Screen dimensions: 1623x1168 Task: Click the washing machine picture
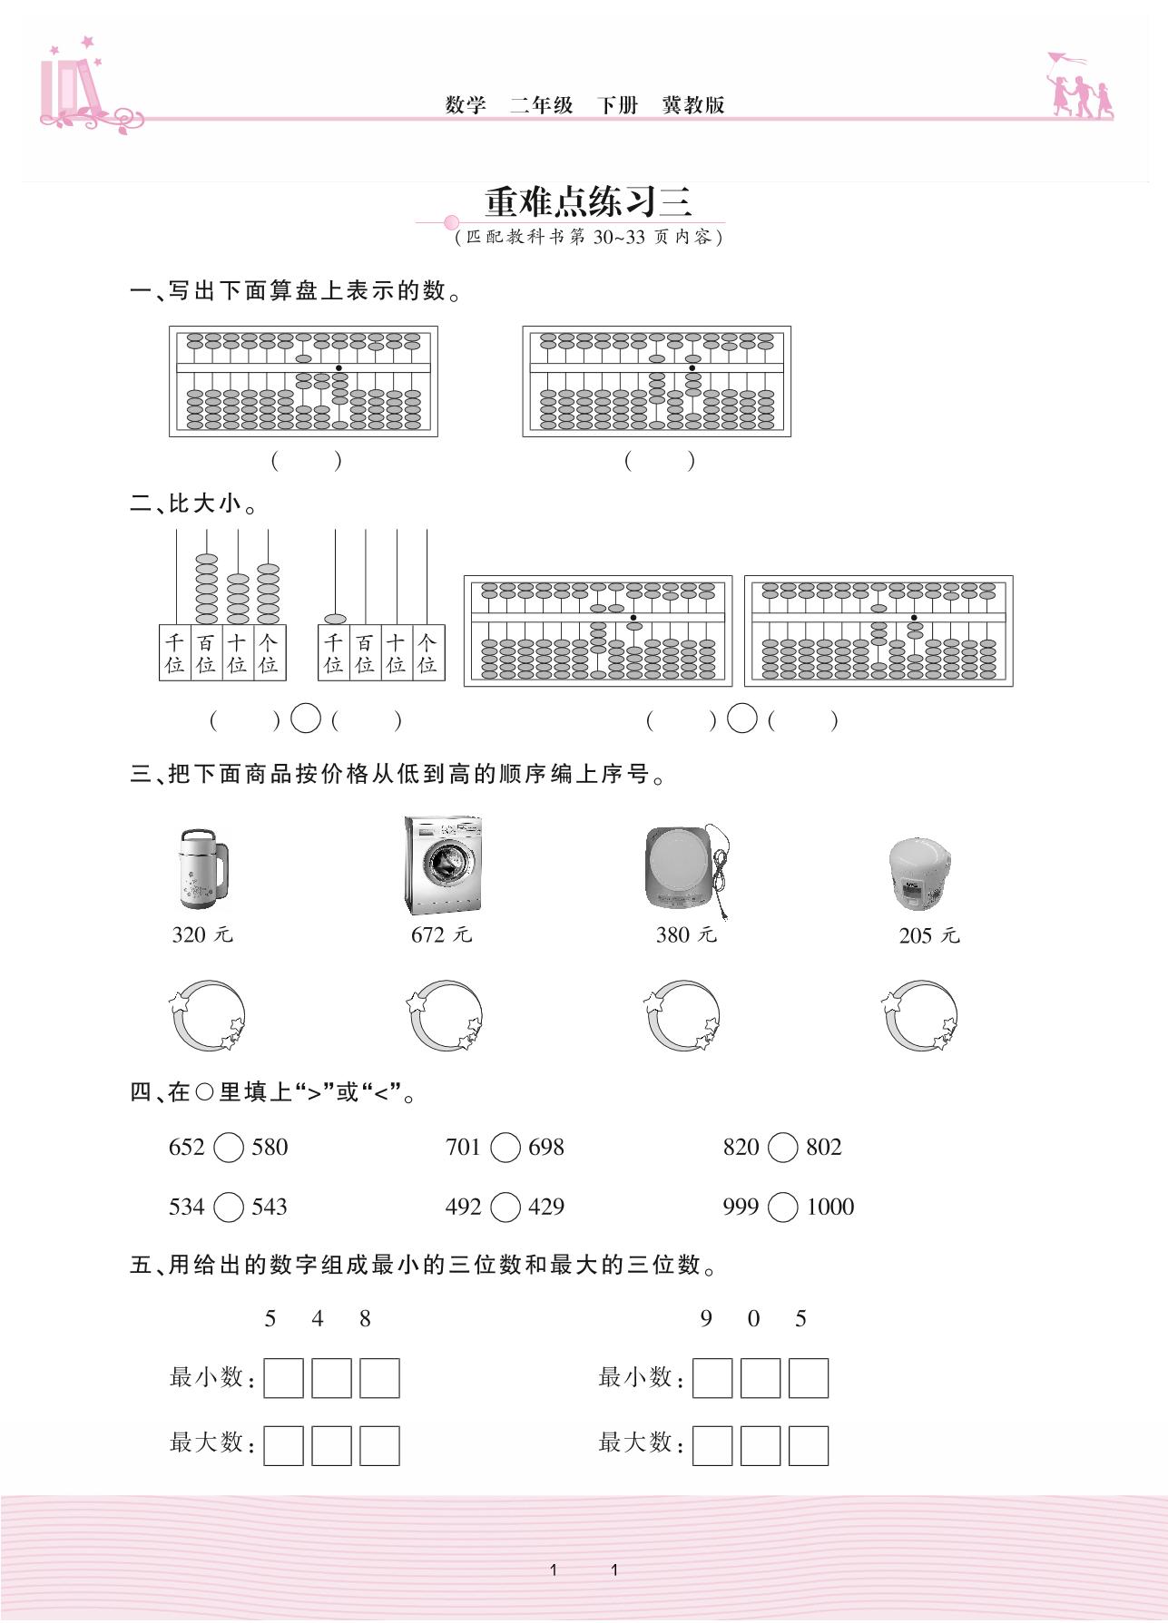tap(443, 865)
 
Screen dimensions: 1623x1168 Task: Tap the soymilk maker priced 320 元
tap(202, 868)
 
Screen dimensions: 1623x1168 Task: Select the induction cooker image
tap(686, 868)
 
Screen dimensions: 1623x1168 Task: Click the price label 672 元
tap(441, 934)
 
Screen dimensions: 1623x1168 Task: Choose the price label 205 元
tap(928, 935)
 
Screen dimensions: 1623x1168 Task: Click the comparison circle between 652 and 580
tap(229, 1148)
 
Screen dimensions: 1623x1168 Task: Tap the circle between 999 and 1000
tap(782, 1207)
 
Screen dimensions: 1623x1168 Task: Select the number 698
tap(546, 1148)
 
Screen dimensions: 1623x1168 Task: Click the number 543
tap(270, 1207)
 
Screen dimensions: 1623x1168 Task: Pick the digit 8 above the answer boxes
tap(365, 1319)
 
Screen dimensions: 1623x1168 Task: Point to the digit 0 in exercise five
tap(753, 1319)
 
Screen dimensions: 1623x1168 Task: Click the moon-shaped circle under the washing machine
tap(445, 1015)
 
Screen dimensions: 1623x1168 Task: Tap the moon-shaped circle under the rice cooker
tap(920, 1015)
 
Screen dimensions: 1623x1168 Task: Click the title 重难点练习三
tap(588, 201)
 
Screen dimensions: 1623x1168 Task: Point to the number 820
tap(741, 1148)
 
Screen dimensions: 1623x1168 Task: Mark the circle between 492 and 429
tap(505, 1207)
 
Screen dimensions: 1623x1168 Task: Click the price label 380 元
tap(686, 934)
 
